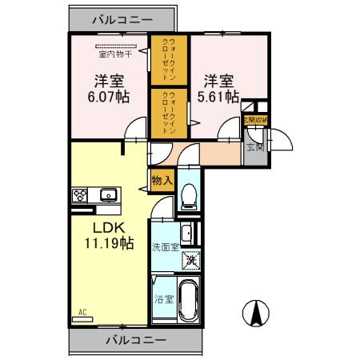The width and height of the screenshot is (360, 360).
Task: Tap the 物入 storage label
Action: (x=162, y=181)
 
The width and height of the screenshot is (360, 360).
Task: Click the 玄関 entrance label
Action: (x=255, y=146)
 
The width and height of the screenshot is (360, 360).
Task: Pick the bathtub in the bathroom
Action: (x=189, y=299)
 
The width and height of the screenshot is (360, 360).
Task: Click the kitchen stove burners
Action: (x=81, y=194)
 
